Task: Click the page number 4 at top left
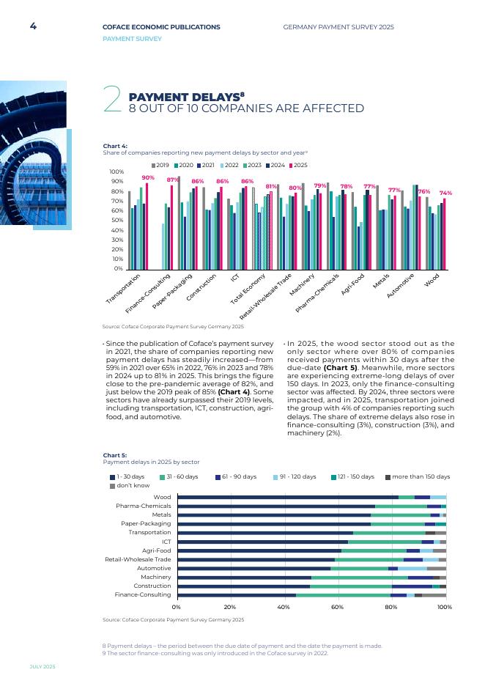click(x=33, y=26)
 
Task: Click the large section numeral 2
click(x=112, y=100)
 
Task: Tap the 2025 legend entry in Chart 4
click(x=297, y=165)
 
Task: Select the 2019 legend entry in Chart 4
click(x=160, y=165)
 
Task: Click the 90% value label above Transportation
click(x=148, y=178)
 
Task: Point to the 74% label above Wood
click(x=445, y=193)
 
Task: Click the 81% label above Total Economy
click(x=271, y=186)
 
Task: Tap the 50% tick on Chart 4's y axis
click(x=116, y=221)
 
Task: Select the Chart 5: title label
click(x=115, y=455)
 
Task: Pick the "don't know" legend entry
click(x=130, y=486)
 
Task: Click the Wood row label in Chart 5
click(x=162, y=497)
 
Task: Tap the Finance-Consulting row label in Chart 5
click(x=143, y=594)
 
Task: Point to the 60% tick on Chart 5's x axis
click(x=338, y=607)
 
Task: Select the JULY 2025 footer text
click(x=42, y=666)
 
